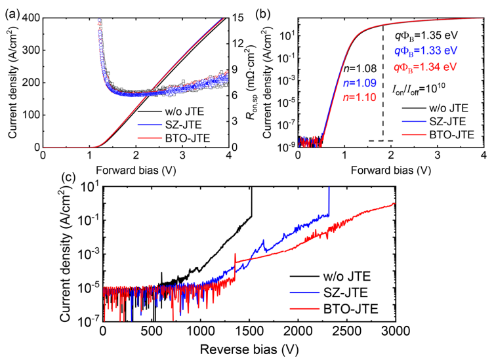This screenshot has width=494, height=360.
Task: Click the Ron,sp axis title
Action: pos(252,83)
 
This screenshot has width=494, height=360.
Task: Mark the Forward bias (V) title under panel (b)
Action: pos(390,165)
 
